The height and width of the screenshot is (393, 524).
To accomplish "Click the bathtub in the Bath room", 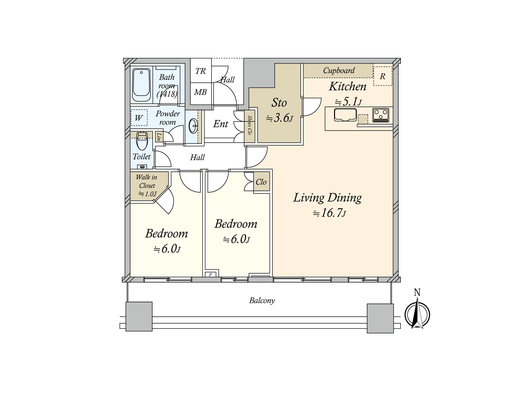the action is tap(141, 85).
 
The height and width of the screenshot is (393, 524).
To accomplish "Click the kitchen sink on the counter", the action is tap(345, 115).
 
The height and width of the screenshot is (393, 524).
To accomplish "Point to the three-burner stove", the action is tap(381, 115).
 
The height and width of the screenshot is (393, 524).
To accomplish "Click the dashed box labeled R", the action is tap(383, 76).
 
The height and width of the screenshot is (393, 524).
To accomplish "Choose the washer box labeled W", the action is tap(139, 118).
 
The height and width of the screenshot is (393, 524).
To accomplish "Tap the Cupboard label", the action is tap(339, 70).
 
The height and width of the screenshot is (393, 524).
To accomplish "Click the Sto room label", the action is tap(279, 103).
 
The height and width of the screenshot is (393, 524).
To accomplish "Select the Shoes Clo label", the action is tap(250, 125).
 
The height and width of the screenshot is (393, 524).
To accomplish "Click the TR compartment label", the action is tap(200, 71).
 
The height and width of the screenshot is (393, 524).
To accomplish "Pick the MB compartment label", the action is tap(200, 92).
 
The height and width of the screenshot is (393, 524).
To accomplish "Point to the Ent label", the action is tap(220, 124).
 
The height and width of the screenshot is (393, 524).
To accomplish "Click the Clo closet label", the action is tap(261, 182).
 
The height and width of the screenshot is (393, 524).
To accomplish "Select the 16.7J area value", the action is tap(329, 213).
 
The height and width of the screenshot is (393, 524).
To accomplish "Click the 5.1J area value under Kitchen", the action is tap(348, 102).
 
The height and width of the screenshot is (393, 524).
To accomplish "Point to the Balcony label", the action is tap(262, 300).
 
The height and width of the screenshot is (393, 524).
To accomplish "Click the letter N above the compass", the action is tap(417, 292).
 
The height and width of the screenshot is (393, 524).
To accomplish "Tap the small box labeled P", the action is tap(210, 275).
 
